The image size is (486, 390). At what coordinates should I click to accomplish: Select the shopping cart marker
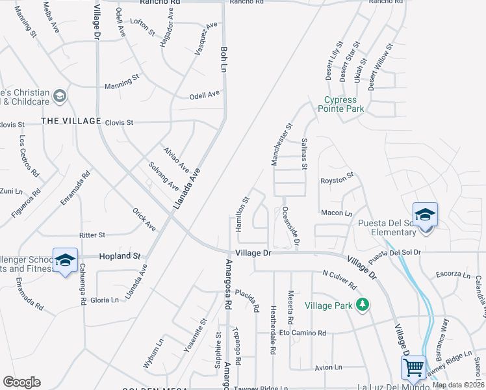click(x=414, y=367)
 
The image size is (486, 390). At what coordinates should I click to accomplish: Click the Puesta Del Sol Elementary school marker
click(x=424, y=214)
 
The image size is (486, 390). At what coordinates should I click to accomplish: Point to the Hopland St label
click(x=120, y=257)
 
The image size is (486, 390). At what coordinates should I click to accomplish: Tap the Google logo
click(x=21, y=382)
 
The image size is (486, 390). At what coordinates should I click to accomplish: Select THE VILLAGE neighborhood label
click(x=71, y=122)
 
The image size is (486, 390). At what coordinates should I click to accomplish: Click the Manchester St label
click(x=282, y=144)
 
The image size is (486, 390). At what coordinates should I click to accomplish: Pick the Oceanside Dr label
click(x=291, y=226)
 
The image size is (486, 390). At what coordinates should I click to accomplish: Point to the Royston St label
click(x=337, y=175)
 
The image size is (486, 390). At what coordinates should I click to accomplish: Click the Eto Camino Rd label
click(x=303, y=333)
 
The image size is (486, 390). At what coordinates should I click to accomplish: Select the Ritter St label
click(x=92, y=235)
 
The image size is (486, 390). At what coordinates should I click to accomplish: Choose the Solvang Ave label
click(x=163, y=175)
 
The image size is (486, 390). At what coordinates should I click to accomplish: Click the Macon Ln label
click(x=336, y=213)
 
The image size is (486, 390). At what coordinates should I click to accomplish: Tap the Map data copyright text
click(x=457, y=385)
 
